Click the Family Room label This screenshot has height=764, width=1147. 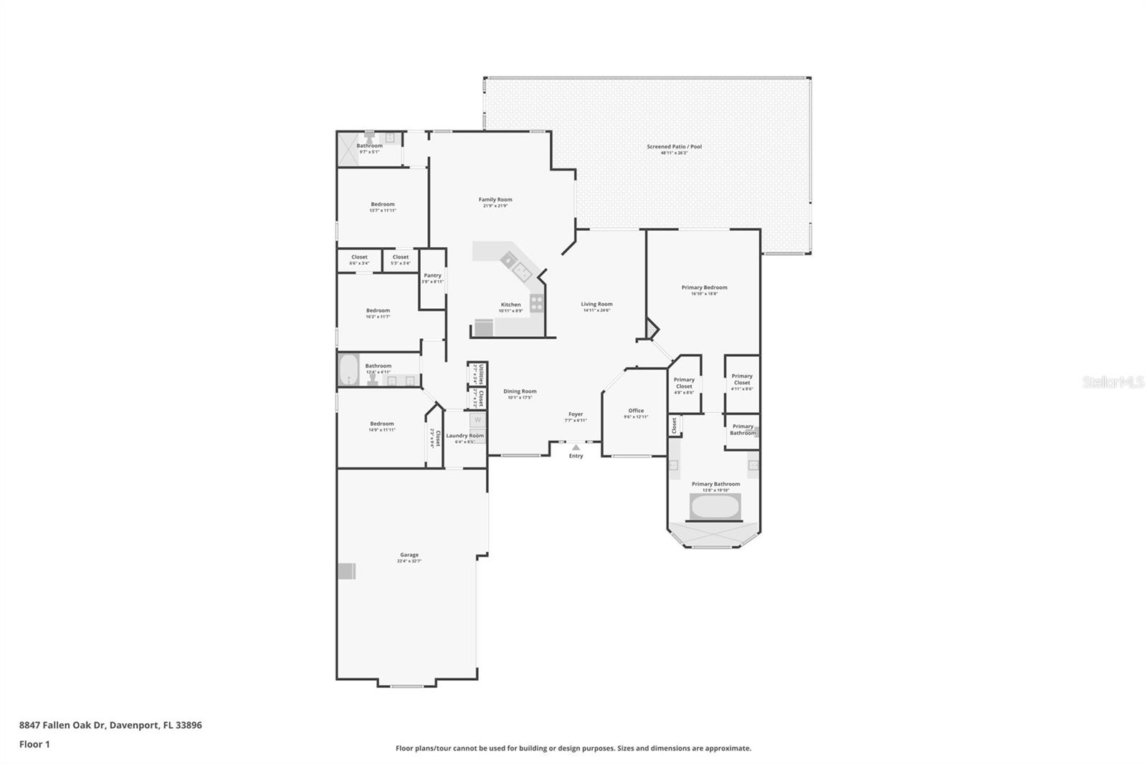tap(495, 200)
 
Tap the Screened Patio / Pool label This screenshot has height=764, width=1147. tap(674, 147)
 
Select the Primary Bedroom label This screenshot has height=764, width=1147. tap(704, 287)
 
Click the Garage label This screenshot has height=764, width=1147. tap(409, 555)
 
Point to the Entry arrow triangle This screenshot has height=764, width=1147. tap(576, 447)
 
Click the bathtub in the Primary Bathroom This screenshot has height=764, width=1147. tap(715, 507)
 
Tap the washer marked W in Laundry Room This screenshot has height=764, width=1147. tap(477, 420)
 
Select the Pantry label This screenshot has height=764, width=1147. tap(432, 275)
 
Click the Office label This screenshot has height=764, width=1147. tap(636, 411)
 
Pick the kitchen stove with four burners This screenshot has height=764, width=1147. tap(537, 303)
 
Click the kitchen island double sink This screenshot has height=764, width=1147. tap(521, 269)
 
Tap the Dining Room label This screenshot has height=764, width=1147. tap(520, 391)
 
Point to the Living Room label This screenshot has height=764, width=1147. tap(596, 304)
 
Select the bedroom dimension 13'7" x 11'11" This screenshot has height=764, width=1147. tap(383, 211)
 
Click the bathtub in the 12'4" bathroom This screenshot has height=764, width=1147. tap(349, 370)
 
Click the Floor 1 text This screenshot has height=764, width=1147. tap(34, 744)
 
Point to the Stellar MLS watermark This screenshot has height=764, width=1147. tap(1113, 382)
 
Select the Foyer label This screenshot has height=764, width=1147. tap(576, 414)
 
